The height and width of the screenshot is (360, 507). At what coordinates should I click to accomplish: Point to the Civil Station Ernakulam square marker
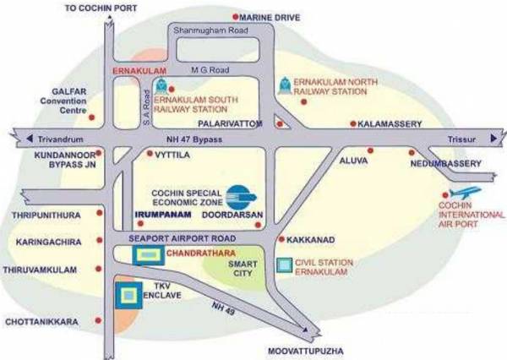[286, 266]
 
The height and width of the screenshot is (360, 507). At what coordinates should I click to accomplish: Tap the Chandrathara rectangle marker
[148, 253]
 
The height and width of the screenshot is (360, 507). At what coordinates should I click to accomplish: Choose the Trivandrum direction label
[55, 138]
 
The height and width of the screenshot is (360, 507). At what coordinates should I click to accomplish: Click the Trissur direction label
[463, 138]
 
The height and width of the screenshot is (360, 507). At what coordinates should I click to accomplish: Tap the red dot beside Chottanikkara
[101, 321]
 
